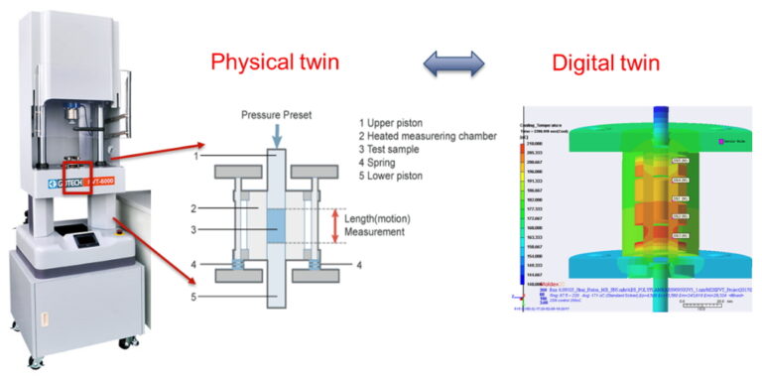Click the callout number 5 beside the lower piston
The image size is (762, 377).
click(x=198, y=295)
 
